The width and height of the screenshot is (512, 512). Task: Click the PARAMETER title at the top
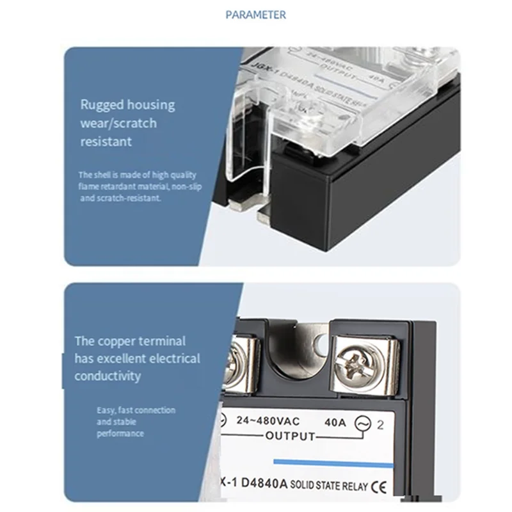256,14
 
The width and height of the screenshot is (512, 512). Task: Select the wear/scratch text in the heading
118,123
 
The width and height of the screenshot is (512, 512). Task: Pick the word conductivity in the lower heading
108,376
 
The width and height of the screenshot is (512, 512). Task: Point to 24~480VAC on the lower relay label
268,422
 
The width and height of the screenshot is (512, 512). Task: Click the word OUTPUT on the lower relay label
290,436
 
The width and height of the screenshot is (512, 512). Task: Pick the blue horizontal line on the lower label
332,463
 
